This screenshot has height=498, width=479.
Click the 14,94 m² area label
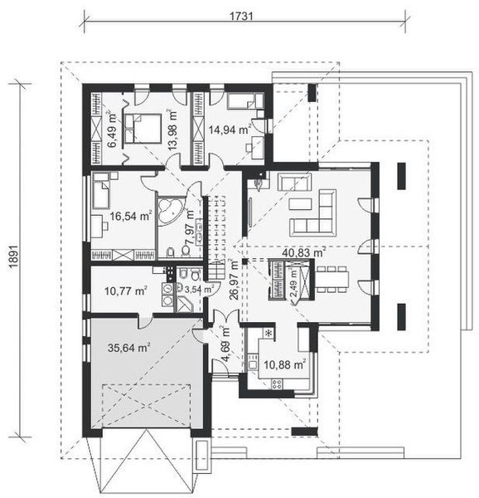[x=229, y=129]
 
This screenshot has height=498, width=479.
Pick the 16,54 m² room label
[x=129, y=217]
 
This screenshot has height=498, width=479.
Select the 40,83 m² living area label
[x=303, y=253]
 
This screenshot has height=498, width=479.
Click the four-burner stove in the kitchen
[x=277, y=384]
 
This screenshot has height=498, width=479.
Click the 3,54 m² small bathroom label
[x=198, y=290]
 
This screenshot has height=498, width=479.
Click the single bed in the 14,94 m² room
[x=241, y=103]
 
